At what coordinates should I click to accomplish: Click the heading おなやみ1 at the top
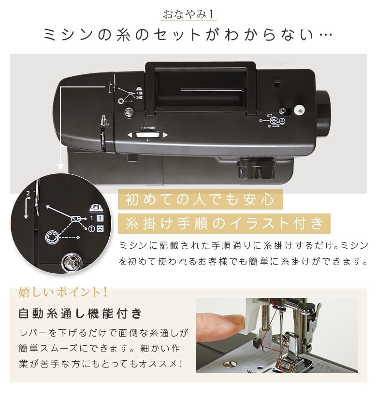pos(188,14)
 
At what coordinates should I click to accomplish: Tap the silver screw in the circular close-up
pos(72,262)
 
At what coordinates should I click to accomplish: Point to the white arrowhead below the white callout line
pos(60,169)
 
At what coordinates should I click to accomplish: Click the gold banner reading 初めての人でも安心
pos(200,199)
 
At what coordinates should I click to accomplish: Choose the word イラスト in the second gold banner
pos(264,224)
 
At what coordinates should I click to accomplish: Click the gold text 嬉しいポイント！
pos(63,292)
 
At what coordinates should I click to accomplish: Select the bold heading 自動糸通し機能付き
pos(80,314)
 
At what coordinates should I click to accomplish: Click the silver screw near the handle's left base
pos(129,112)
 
